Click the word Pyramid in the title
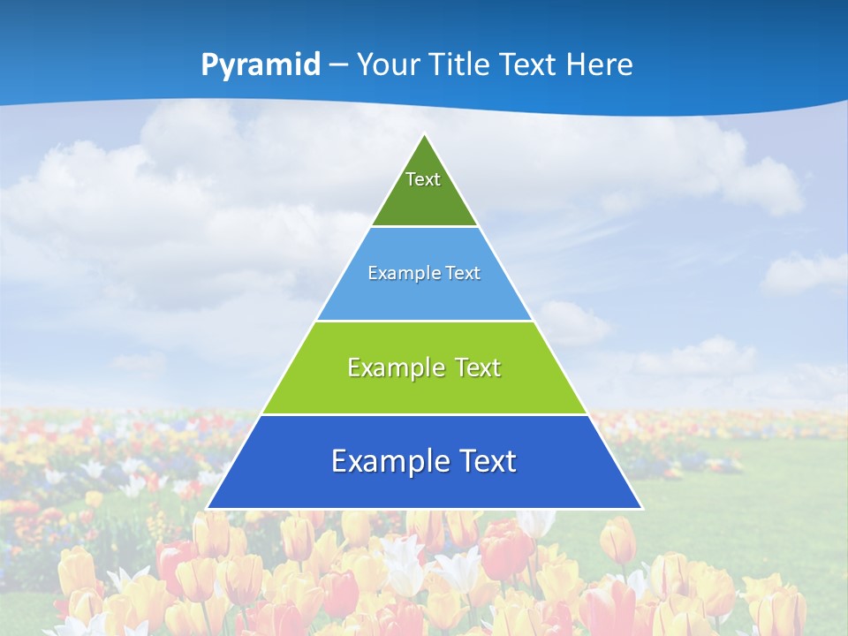pyautogui.click(x=261, y=64)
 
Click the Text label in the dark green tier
pyautogui.click(x=423, y=179)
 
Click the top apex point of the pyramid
pyautogui.click(x=425, y=134)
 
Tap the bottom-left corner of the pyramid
pyautogui.click(x=208, y=509)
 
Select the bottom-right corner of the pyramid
pyautogui.click(x=642, y=509)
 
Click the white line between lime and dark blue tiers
pyautogui.click(x=424, y=414)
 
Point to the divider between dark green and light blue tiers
pyautogui.click(x=424, y=227)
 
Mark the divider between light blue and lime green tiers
pyautogui.click(x=424, y=321)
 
